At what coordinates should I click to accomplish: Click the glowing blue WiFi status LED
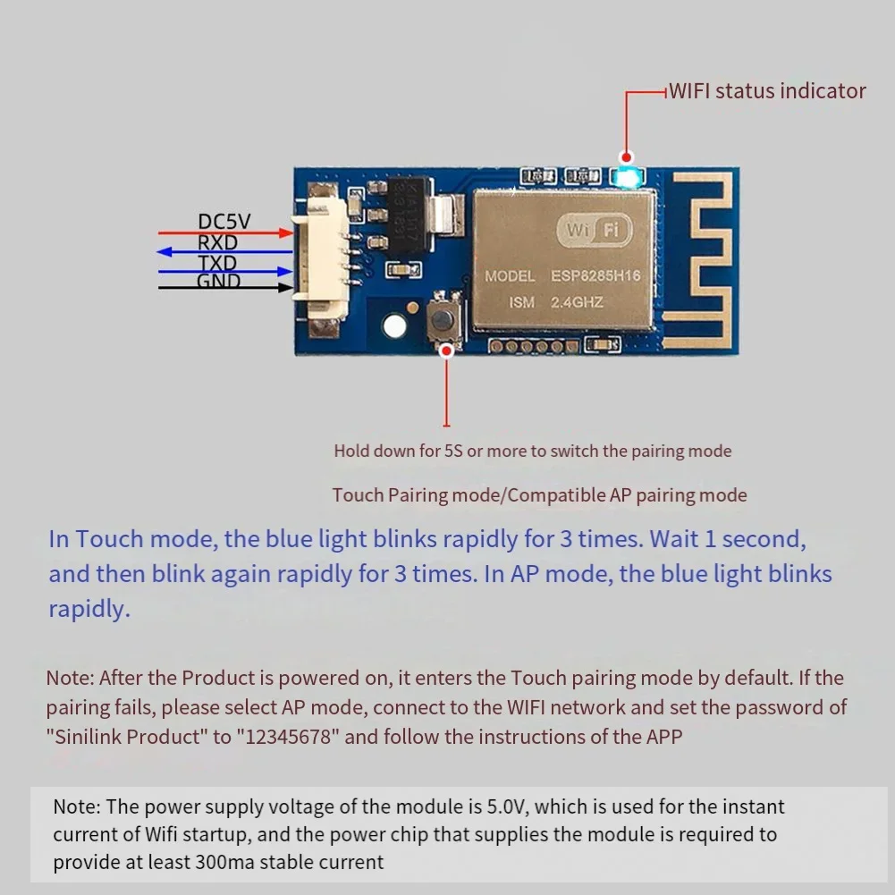(x=628, y=177)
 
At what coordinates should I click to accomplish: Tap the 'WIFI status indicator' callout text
(x=767, y=91)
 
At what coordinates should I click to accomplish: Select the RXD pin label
(x=217, y=242)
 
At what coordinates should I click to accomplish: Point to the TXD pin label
(x=217, y=263)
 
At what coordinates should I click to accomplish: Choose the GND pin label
(x=218, y=282)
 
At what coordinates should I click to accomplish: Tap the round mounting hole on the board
(x=393, y=325)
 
